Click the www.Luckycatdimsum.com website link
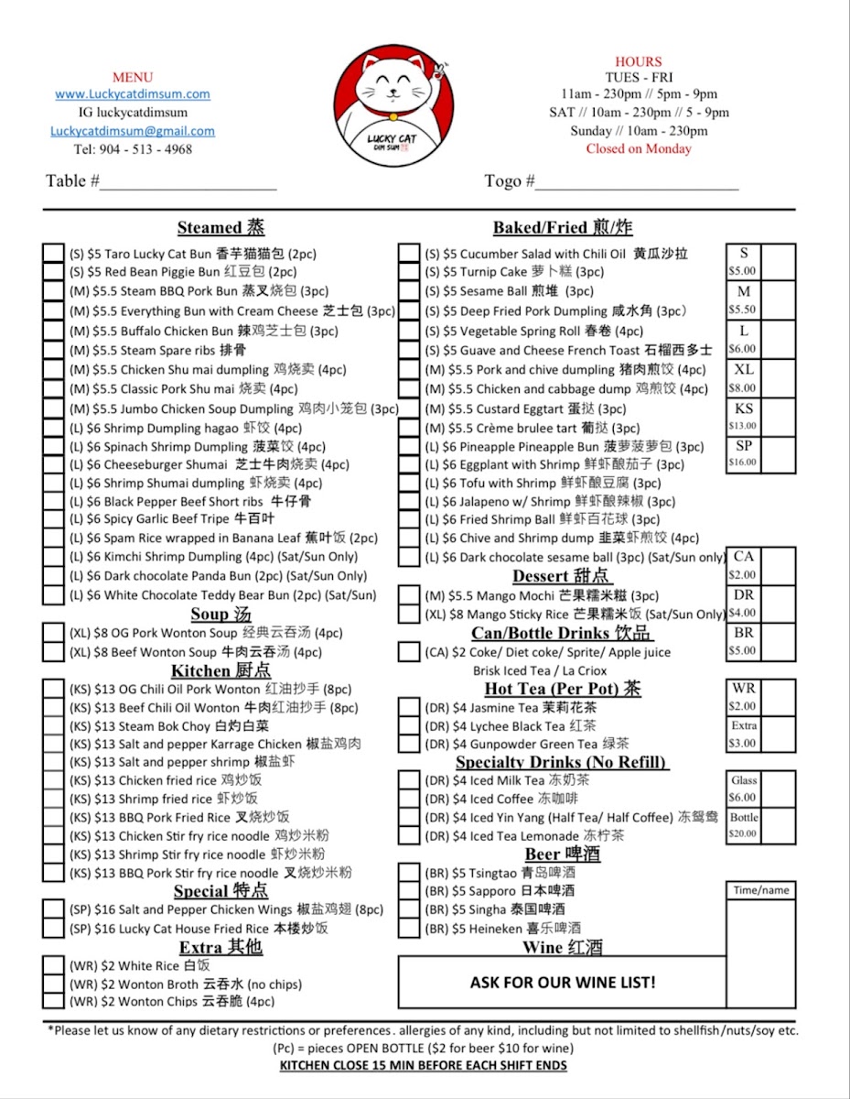133,93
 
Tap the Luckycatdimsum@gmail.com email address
133,131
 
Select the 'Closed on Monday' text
639,148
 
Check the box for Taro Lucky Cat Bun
54,254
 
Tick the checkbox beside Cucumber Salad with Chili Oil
409,254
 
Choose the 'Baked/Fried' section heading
562,228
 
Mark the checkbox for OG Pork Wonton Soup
54,633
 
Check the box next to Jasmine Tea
409,708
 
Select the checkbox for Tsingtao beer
409,873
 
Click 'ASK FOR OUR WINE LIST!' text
562,983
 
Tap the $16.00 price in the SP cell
742,462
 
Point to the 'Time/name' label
761,890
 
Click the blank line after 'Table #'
188,183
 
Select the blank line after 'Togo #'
637,183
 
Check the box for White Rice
54,965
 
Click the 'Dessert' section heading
560,576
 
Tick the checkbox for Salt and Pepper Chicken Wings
54,910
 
